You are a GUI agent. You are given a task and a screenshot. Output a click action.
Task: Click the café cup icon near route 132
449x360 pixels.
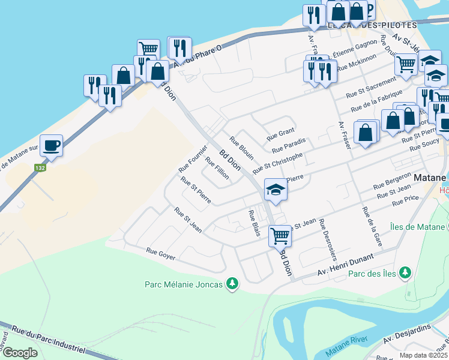point(52,145)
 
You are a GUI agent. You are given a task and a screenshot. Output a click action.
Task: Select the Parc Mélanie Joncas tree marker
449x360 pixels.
point(232,283)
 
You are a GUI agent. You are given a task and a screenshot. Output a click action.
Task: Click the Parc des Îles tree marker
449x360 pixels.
point(406,273)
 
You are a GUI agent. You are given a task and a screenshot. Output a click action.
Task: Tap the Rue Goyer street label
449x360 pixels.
point(160,254)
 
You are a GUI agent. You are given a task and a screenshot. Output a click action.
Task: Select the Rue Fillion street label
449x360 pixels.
point(217,168)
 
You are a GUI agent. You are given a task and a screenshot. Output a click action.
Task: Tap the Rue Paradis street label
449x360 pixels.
point(289,145)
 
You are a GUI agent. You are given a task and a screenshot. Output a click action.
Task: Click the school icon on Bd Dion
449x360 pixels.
point(276,190)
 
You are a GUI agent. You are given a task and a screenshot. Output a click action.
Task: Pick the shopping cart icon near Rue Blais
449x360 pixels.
point(280,236)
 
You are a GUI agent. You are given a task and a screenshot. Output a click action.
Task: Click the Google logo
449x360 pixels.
point(19,352)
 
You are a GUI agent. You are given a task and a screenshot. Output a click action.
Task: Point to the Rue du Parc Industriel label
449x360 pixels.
point(45,339)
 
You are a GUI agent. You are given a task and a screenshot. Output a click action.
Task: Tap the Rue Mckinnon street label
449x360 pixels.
point(357,62)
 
